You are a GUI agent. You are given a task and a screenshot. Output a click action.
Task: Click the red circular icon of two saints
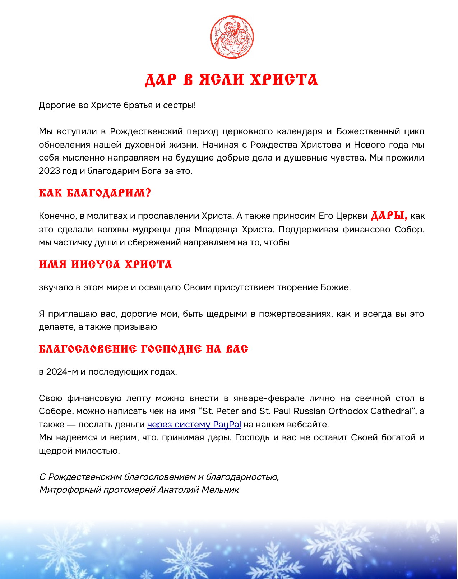(x=232, y=37)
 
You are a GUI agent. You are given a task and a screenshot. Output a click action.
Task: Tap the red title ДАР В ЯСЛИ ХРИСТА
(x=231, y=80)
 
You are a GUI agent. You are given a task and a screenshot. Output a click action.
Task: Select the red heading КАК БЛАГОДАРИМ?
(x=95, y=193)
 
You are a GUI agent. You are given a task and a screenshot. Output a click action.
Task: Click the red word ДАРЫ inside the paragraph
(x=389, y=216)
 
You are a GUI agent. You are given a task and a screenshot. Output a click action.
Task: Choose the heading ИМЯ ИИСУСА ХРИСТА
(x=106, y=265)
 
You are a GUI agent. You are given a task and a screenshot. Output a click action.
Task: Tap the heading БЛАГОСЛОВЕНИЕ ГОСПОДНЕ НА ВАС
(x=143, y=349)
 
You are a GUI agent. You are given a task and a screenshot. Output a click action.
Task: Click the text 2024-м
(x=62, y=372)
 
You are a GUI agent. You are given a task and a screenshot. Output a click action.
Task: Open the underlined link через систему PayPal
(x=194, y=425)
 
